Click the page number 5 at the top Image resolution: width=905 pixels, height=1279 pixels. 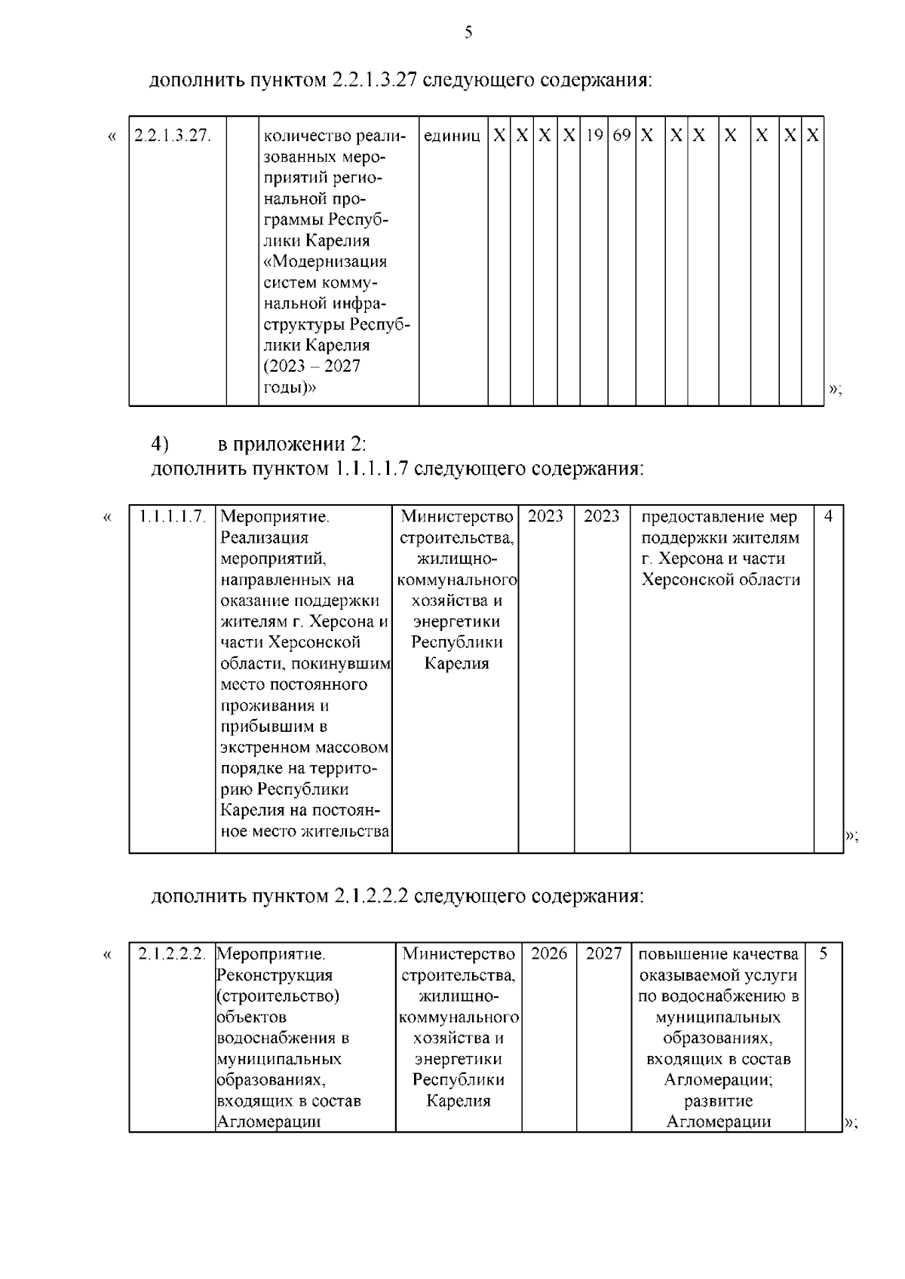(x=468, y=32)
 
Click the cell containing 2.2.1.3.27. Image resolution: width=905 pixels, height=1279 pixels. (x=172, y=136)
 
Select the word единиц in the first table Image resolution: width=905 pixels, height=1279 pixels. (x=452, y=136)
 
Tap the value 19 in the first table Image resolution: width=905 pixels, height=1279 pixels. (x=594, y=136)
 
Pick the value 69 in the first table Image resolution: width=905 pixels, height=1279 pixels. (x=621, y=136)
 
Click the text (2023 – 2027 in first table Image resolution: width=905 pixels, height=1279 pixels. (x=311, y=366)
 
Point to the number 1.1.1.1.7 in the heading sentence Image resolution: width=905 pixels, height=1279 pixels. (x=370, y=469)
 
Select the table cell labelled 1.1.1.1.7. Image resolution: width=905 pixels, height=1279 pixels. (x=173, y=517)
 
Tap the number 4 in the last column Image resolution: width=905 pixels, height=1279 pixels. (x=828, y=517)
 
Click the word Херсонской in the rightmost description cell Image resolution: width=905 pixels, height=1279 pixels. (x=681, y=580)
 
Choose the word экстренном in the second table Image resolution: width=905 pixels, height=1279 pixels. (x=264, y=748)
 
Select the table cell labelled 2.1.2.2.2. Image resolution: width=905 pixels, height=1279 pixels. (x=172, y=953)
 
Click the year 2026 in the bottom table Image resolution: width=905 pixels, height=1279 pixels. (x=549, y=953)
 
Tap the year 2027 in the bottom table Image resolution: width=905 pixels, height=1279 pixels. (x=603, y=953)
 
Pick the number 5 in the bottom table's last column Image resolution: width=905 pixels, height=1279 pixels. (x=824, y=953)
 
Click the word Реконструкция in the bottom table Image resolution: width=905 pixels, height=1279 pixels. (x=275, y=975)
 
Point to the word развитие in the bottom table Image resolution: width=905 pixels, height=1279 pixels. (x=718, y=1100)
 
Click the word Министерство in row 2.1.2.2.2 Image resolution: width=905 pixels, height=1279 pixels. (x=459, y=954)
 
